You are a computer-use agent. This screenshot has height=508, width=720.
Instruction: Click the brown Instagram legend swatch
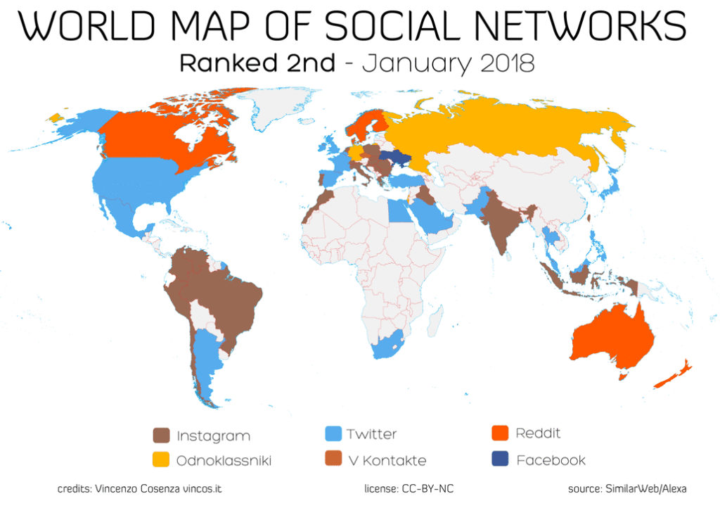pyautogui.click(x=161, y=435)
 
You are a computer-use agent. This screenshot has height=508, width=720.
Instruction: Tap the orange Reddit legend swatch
pyautogui.click(x=501, y=433)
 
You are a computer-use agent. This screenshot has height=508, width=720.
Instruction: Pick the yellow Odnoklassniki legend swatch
pyautogui.click(x=161, y=461)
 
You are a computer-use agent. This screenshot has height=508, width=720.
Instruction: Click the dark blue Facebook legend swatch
pyautogui.click(x=501, y=461)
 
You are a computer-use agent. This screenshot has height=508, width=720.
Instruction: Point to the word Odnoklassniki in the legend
pyautogui.click(x=224, y=462)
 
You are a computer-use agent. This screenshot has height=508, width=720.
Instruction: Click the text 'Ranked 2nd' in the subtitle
pyautogui.click(x=257, y=63)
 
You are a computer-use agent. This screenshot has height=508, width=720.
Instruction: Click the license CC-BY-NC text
pyautogui.click(x=413, y=488)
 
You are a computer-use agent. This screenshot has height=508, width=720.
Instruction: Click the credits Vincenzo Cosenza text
pyautogui.click(x=143, y=488)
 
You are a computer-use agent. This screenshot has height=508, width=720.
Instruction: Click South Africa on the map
pyautogui.click(x=387, y=345)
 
